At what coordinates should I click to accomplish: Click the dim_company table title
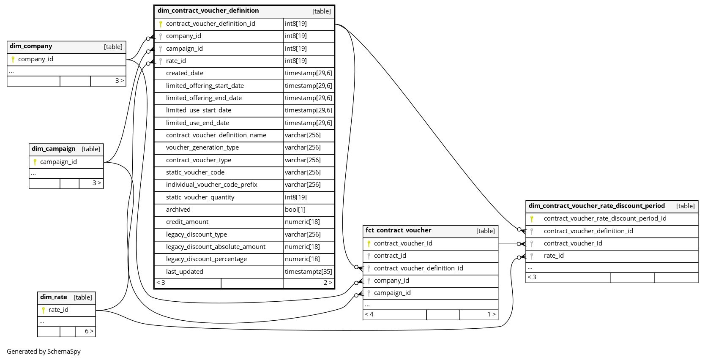point(31,46)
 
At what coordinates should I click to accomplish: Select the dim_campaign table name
point(53,149)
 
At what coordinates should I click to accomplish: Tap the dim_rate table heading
point(53,297)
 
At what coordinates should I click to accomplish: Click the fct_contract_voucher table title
point(398,230)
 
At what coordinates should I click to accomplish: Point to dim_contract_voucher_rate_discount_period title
point(596,206)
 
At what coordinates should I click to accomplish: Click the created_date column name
point(185,73)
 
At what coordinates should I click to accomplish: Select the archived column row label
point(178,210)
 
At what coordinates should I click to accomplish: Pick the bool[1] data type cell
point(295,210)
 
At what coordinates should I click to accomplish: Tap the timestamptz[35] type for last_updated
point(308,272)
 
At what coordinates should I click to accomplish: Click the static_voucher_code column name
point(195,172)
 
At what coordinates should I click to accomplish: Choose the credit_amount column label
point(187,222)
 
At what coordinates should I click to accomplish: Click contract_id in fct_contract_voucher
point(390,256)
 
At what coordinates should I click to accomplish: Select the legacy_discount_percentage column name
point(206,259)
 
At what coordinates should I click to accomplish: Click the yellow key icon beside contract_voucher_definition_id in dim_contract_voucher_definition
point(161,24)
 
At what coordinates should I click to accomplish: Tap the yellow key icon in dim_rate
point(43,310)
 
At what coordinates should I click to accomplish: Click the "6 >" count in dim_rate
point(89,331)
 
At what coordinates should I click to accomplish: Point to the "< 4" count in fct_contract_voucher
point(369,314)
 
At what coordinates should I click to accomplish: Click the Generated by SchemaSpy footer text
point(44,352)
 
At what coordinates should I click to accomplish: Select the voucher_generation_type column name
point(202,147)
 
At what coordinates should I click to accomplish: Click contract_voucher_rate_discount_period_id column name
point(605,218)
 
